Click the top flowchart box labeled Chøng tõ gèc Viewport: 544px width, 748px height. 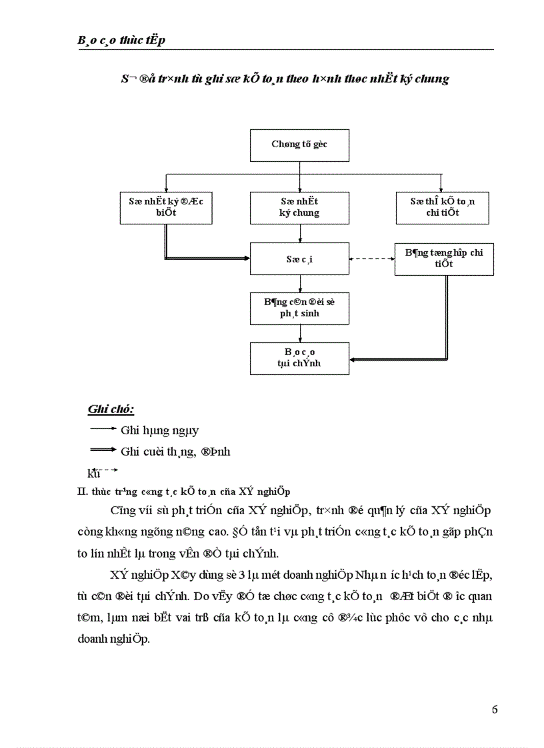(299, 145)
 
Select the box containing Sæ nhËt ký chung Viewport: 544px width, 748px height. (299, 207)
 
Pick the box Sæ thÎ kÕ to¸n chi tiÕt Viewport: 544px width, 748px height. (442, 207)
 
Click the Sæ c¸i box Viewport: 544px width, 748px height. (299, 258)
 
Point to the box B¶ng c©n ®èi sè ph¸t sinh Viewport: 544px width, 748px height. (299, 308)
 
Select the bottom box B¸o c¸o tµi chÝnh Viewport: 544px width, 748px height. (299, 358)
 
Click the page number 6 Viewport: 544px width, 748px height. (494, 709)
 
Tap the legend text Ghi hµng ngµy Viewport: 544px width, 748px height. (160, 431)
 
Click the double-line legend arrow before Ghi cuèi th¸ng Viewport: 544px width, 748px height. (102, 451)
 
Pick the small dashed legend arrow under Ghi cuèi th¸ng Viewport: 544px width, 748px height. (107, 471)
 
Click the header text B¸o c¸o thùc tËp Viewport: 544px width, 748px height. (121, 41)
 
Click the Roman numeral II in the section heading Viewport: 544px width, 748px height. (81, 492)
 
